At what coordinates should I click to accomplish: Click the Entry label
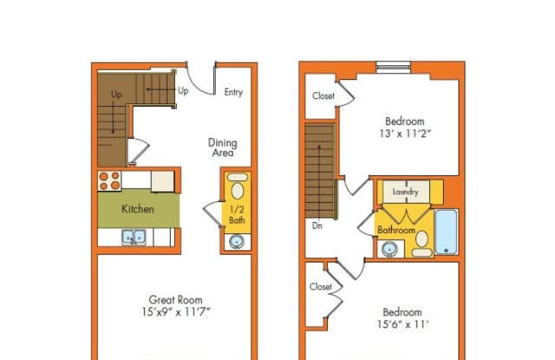pos(233,93)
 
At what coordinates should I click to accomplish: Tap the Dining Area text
pos(222,147)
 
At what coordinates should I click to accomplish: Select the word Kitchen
pos(137,209)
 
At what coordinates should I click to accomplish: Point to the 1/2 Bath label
pos(237,213)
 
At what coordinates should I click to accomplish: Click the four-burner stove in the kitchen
pos(109,180)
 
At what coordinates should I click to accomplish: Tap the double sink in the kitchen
pos(134,236)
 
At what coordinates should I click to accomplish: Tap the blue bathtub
pos(445,232)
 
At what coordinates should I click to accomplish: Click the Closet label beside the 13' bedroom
pos(323,95)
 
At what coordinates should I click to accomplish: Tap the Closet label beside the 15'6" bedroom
pos(320,286)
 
